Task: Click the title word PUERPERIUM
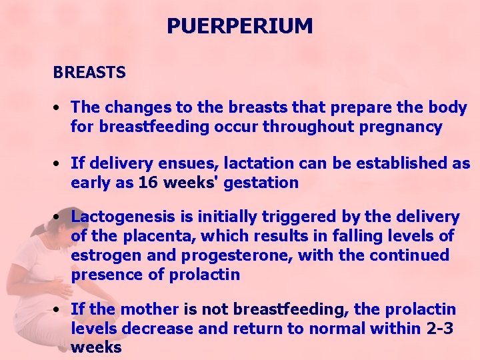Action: [x=239, y=26]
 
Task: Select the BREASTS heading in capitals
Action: [x=89, y=73]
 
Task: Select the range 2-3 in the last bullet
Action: [x=441, y=328]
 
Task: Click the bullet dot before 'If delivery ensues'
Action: [x=59, y=163]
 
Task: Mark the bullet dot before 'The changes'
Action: [x=59, y=107]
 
